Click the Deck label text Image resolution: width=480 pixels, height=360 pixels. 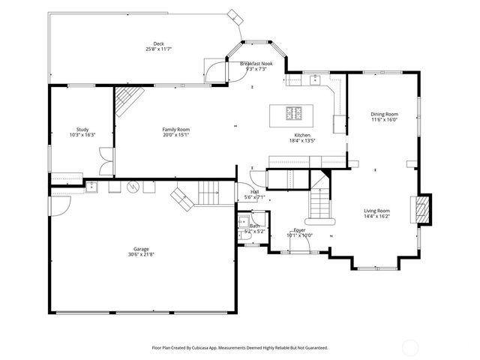[159, 43]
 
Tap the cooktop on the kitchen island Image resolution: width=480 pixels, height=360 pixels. [295, 114]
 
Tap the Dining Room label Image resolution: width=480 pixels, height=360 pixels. [384, 114]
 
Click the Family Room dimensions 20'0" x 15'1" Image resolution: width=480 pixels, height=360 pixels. [175, 135]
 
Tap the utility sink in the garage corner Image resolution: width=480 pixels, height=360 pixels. [91, 187]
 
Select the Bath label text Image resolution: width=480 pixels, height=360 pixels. [255, 226]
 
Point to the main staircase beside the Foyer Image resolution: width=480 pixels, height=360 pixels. [321, 201]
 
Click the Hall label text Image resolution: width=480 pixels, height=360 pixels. [255, 192]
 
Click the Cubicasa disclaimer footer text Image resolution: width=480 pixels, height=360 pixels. [240, 347]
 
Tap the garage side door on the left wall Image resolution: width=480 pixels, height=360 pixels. [49, 203]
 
